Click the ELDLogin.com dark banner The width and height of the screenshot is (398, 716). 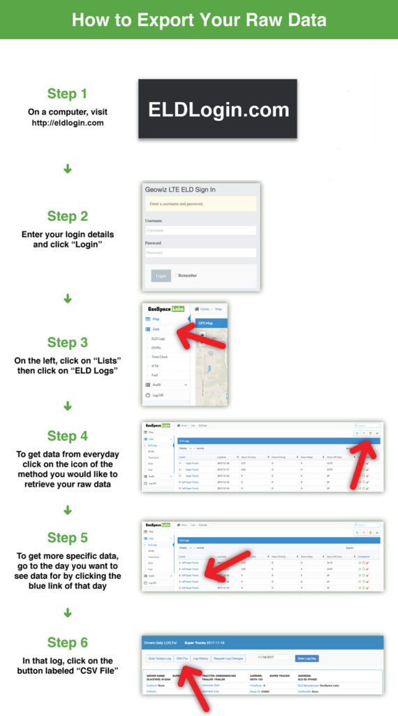point(217,109)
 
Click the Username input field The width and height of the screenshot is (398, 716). point(200,230)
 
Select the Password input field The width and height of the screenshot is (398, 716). point(200,252)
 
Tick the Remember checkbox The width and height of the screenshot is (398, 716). point(177,275)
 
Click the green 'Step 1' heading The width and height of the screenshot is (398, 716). point(67,94)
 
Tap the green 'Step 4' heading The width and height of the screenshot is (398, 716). point(67,436)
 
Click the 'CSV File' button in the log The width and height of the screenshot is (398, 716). point(182,658)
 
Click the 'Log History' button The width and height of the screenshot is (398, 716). point(200,658)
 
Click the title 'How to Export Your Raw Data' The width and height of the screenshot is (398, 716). point(199,20)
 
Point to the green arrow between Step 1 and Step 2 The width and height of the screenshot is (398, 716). point(68,169)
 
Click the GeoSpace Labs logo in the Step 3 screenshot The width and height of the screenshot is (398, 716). point(162,308)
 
